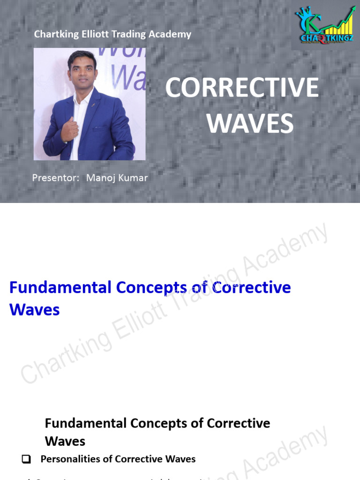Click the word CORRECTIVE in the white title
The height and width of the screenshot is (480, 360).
242,88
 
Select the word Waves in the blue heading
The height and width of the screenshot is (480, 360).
35,310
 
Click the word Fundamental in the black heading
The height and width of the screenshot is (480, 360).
85,423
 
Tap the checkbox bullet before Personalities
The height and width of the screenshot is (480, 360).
26,459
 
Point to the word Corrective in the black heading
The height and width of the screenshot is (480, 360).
239,423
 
